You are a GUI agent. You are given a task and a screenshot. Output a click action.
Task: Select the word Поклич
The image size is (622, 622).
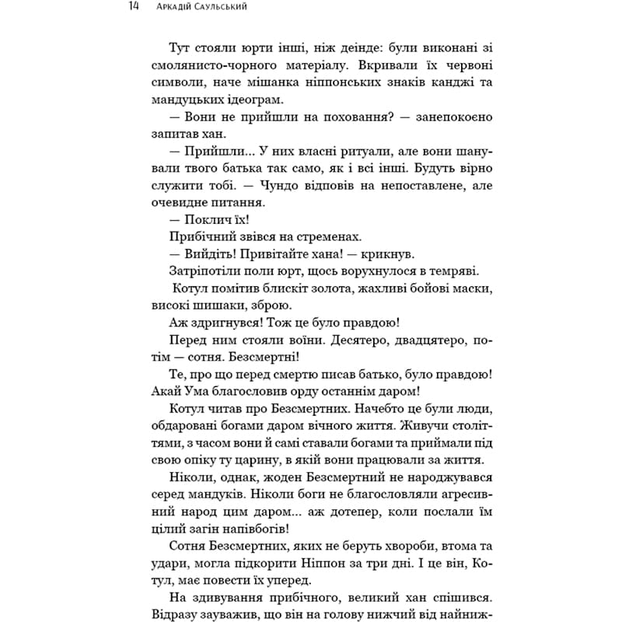(202, 219)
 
